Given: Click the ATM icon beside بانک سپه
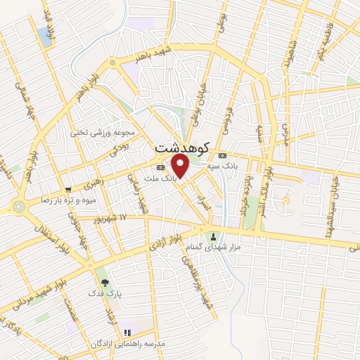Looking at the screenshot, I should tap(222, 155).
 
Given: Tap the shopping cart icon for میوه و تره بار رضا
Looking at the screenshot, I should tap(68, 189).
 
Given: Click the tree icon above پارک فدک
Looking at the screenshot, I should tap(104, 282).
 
